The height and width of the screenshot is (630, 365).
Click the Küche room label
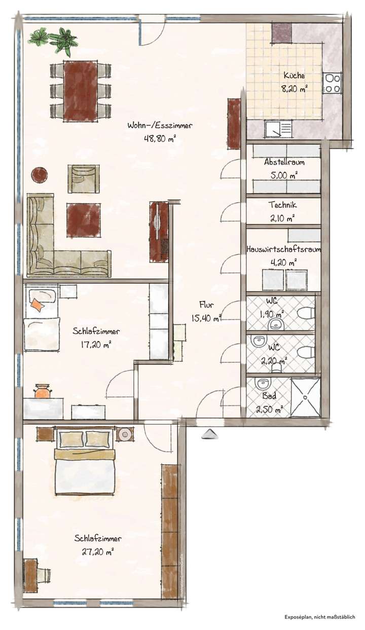click(x=294, y=76)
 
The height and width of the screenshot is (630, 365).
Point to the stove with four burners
click(x=332, y=83)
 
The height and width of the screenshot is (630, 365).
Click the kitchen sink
click(x=278, y=129)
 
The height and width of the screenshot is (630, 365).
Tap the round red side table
click(x=40, y=175)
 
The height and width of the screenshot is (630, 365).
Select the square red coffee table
click(x=83, y=218)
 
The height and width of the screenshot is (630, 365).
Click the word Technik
click(x=283, y=205)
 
